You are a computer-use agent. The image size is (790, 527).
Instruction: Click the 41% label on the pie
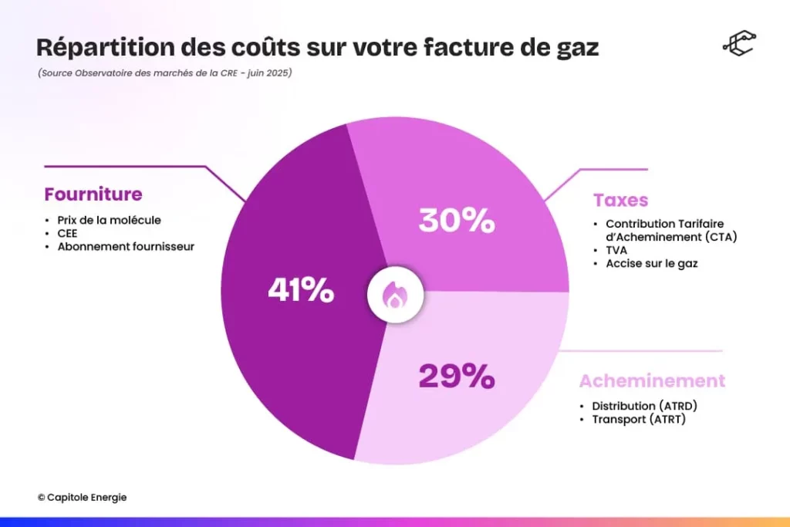click(x=301, y=291)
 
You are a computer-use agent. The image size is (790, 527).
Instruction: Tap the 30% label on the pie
click(x=456, y=221)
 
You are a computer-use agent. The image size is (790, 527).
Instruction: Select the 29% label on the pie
click(x=456, y=377)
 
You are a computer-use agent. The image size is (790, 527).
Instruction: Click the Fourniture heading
click(x=93, y=194)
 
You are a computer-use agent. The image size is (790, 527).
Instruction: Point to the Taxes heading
click(x=620, y=201)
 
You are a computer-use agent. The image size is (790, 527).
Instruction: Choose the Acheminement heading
click(x=652, y=381)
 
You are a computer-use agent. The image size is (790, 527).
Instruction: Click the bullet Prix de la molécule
click(x=109, y=220)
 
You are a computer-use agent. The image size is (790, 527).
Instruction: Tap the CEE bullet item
click(x=68, y=233)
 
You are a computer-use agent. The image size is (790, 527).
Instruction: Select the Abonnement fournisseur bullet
click(x=126, y=246)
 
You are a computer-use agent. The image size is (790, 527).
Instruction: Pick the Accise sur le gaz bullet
click(x=646, y=264)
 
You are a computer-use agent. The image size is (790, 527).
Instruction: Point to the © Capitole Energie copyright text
click(x=82, y=498)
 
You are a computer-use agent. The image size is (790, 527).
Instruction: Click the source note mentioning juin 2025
click(x=164, y=73)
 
